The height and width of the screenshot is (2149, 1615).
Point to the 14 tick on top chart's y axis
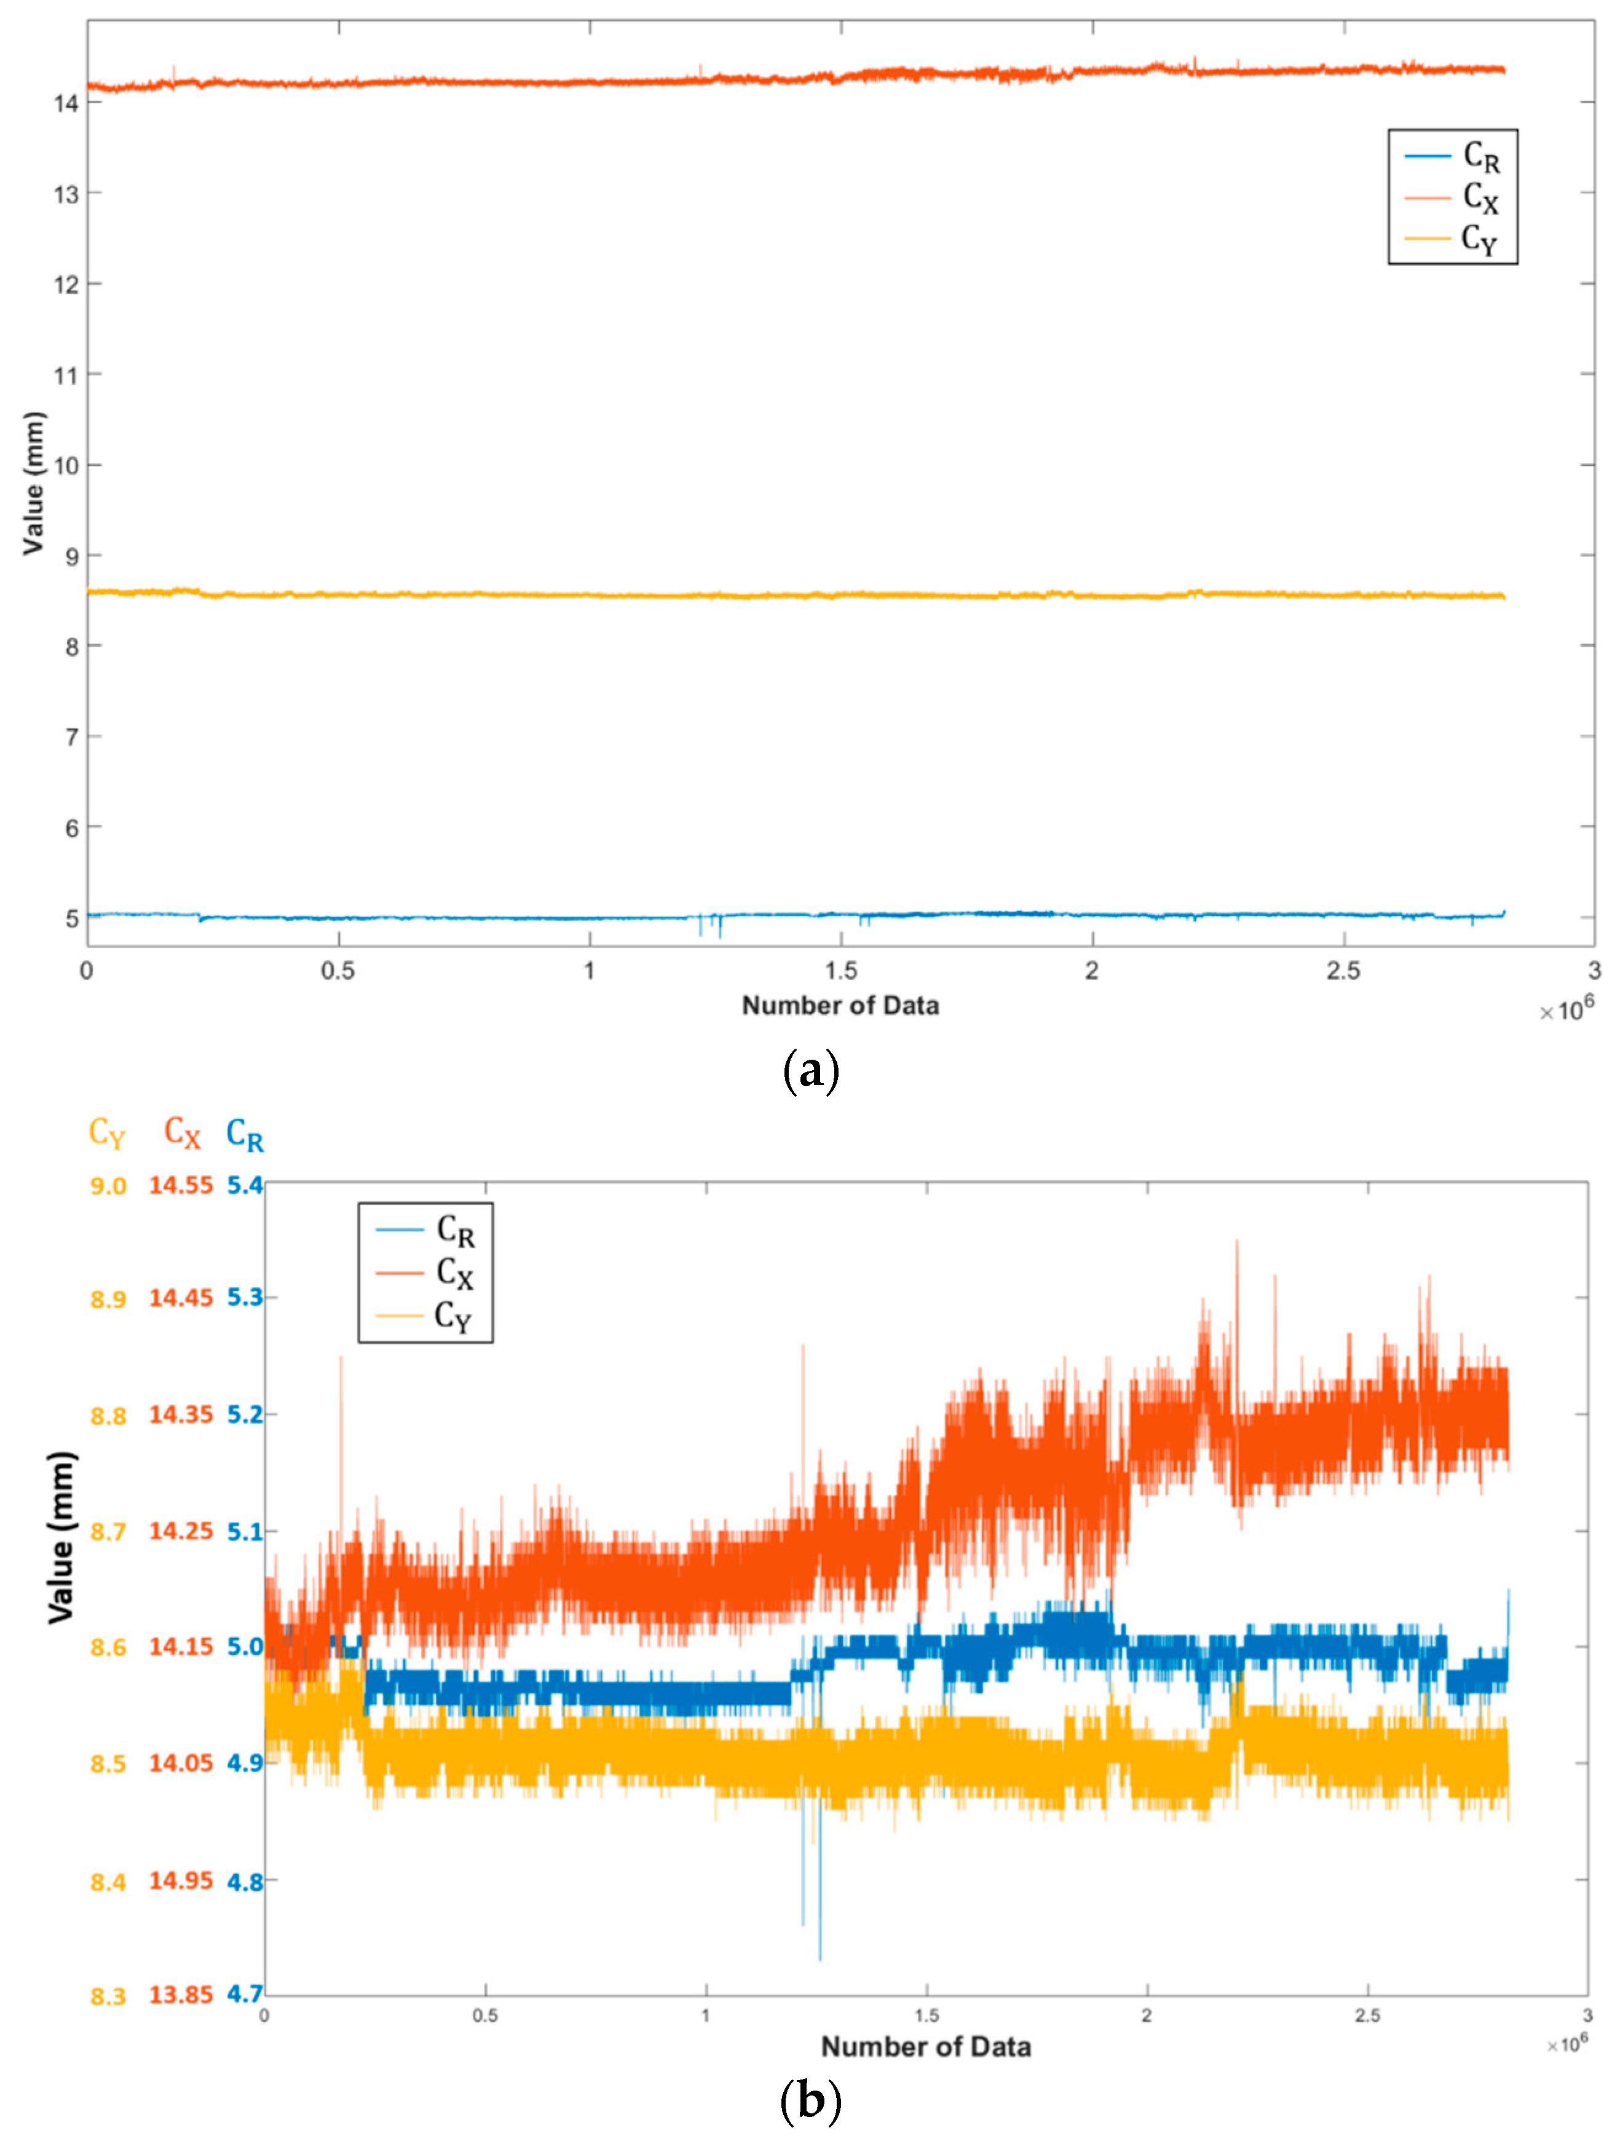66,104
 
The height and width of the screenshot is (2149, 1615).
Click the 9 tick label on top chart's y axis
71,558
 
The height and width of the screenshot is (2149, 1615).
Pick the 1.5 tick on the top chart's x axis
840,971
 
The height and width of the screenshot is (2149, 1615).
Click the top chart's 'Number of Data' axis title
840,1006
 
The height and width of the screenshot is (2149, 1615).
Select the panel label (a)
810,1071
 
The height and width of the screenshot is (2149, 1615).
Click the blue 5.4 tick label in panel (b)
245,1185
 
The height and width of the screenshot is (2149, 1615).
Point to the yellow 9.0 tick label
108,1186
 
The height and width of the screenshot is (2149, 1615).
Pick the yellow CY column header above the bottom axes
107,1133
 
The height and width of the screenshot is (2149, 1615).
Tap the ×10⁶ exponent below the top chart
1565,1011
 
